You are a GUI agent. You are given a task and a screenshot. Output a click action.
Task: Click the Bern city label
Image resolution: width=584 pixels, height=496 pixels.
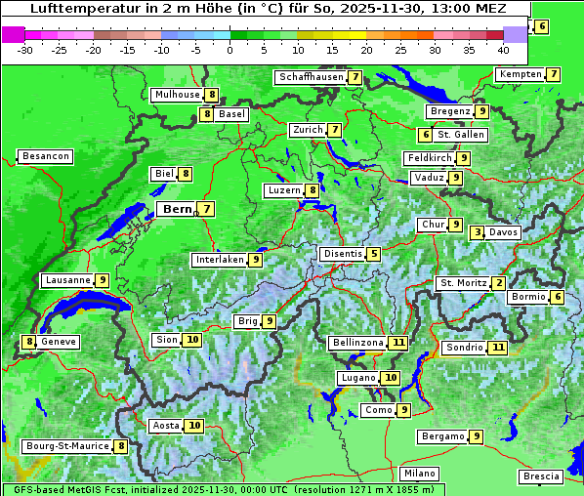pyautogui.click(x=177, y=209)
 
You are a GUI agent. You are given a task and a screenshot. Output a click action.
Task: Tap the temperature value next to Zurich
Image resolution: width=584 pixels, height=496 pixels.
pyautogui.click(x=335, y=130)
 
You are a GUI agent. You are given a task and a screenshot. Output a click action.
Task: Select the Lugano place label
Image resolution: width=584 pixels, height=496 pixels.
pyautogui.click(x=356, y=378)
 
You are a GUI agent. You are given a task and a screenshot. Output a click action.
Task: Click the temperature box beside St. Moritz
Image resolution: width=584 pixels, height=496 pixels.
pyautogui.click(x=499, y=283)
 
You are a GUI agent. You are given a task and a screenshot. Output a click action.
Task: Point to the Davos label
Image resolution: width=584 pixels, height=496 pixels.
pyautogui.click(x=503, y=232)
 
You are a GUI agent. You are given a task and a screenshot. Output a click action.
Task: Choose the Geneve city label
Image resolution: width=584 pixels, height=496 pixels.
pyautogui.click(x=59, y=342)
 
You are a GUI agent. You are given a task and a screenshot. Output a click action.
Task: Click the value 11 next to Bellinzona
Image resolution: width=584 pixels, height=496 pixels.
pyautogui.click(x=397, y=343)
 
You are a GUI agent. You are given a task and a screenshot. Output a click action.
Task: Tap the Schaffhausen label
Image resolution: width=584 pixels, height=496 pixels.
pyautogui.click(x=311, y=77)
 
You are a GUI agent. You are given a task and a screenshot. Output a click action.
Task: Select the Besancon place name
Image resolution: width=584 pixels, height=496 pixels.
pyautogui.click(x=45, y=156)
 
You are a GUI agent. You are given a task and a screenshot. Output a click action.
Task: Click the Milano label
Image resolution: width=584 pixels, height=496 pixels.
pyautogui.click(x=420, y=474)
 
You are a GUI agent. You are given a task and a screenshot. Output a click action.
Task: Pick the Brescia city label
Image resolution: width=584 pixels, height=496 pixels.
pyautogui.click(x=541, y=476)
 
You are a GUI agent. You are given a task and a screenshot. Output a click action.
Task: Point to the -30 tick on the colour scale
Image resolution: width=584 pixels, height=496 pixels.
pyautogui.click(x=25, y=49)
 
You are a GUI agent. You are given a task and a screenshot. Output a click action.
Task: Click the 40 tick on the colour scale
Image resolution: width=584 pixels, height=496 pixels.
pyautogui.click(x=503, y=49)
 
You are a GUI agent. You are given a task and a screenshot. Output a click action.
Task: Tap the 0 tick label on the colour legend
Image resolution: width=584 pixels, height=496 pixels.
pyautogui.click(x=229, y=49)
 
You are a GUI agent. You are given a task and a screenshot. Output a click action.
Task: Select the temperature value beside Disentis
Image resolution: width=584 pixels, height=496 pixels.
pyautogui.click(x=374, y=254)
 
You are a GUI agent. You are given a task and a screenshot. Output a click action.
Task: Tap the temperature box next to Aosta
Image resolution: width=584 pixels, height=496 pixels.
pyautogui.click(x=194, y=426)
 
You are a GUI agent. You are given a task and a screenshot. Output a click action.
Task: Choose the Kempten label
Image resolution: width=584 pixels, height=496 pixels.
pyautogui.click(x=519, y=74)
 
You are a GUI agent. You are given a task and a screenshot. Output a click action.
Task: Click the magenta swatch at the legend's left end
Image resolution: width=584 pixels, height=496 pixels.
pyautogui.click(x=13, y=33)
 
